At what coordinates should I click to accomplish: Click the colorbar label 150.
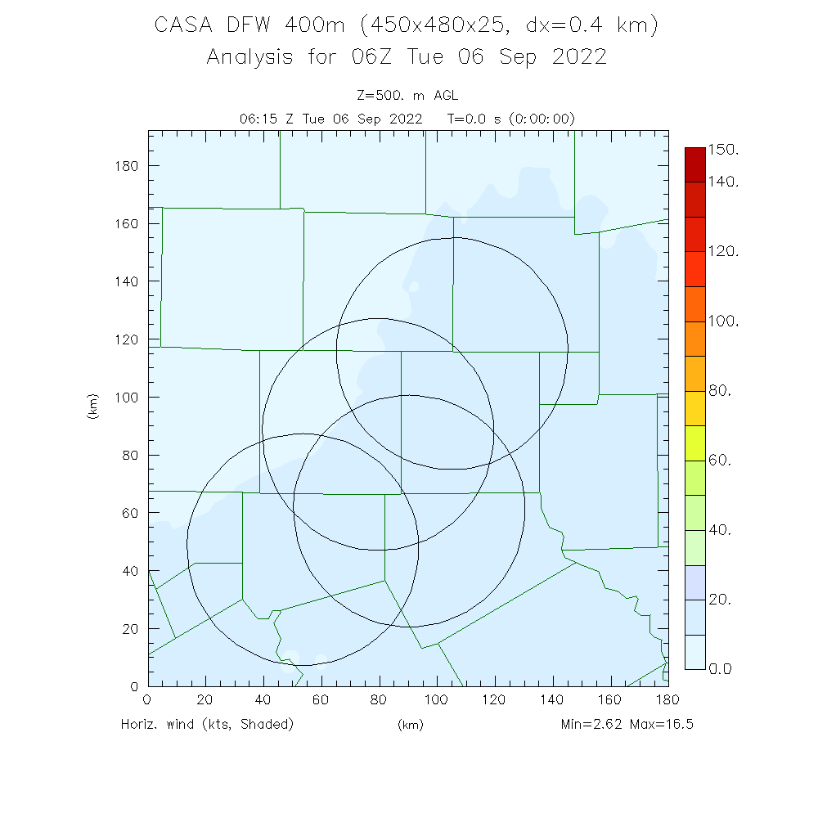[723, 150]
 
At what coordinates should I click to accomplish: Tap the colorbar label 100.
[723, 321]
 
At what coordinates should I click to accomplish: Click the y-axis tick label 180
[128, 166]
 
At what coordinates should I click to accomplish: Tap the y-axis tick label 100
[128, 398]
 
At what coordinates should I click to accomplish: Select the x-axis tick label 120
[495, 700]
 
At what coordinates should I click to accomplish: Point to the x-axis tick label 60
[321, 700]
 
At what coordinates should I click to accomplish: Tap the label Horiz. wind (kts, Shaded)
[207, 725]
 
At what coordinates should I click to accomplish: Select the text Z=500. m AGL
[408, 97]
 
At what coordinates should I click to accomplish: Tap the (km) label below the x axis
[410, 726]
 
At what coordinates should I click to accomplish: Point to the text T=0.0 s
[476, 119]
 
